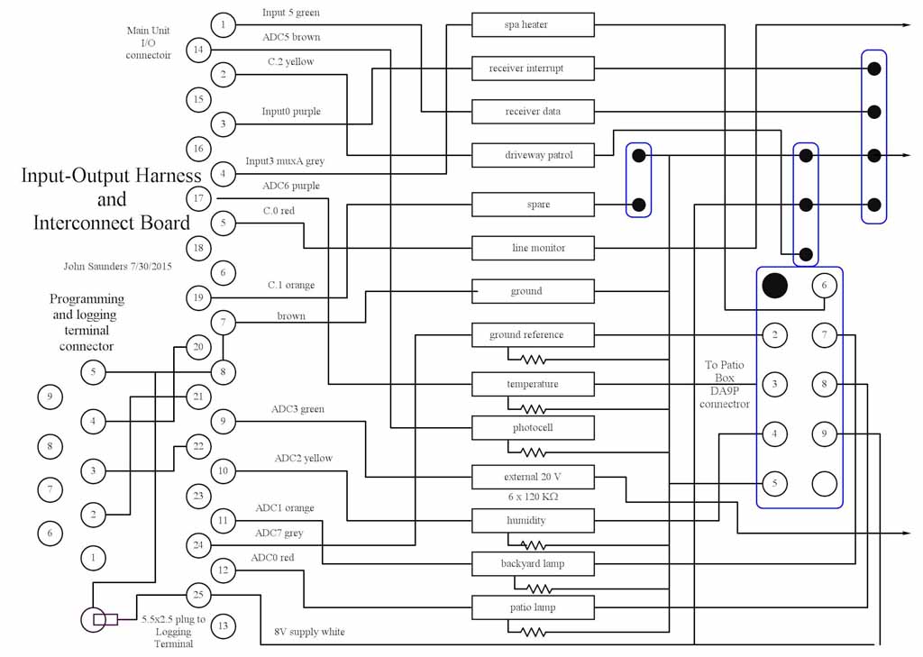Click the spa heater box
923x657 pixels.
tap(533, 25)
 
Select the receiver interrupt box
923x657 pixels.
tap(533, 68)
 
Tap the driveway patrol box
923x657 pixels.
tap(533, 155)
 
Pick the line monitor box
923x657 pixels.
tap(533, 248)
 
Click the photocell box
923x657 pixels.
tap(533, 427)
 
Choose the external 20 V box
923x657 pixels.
tap(533, 477)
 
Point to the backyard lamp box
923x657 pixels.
tap(533, 564)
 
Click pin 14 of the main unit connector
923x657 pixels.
tap(198, 50)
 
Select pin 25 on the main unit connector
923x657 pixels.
tap(198, 595)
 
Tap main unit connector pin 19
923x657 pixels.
tap(198, 297)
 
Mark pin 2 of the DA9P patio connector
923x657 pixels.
tap(773, 335)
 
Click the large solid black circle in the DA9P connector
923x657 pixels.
tap(774, 286)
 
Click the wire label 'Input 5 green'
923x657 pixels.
tap(290, 13)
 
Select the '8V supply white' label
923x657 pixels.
tap(309, 632)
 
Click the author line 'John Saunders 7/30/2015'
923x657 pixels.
tap(117, 267)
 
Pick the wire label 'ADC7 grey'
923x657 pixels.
tap(279, 534)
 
